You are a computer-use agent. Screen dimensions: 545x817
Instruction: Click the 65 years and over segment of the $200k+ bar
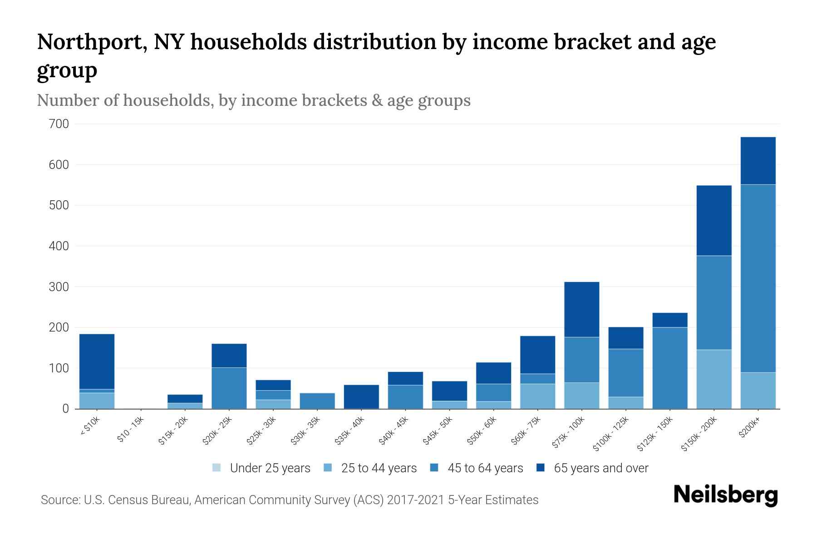[x=758, y=160]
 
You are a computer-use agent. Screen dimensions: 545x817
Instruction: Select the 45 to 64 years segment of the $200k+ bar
[x=758, y=278]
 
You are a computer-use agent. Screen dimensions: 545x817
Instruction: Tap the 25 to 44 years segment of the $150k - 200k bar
[x=714, y=379]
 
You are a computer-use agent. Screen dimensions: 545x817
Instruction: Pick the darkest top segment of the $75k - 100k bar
[x=581, y=309]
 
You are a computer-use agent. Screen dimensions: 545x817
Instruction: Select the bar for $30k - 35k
[x=317, y=401]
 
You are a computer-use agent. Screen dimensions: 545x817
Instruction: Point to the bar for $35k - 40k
[x=361, y=396]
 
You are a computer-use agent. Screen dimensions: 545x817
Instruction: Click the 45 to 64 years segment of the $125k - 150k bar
[x=669, y=367]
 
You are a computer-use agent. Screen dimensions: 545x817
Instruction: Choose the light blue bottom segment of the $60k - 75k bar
[x=537, y=396]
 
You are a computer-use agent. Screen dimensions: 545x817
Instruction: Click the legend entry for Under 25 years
[x=261, y=468]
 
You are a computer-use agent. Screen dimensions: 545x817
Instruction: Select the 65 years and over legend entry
[x=592, y=468]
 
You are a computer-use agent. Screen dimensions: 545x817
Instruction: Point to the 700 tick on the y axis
[x=59, y=124]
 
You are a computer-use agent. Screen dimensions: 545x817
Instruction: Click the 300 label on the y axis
[x=59, y=287]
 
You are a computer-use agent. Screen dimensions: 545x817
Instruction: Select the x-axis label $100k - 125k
[x=611, y=433]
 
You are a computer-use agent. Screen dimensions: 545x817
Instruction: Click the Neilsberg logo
[x=725, y=495]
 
